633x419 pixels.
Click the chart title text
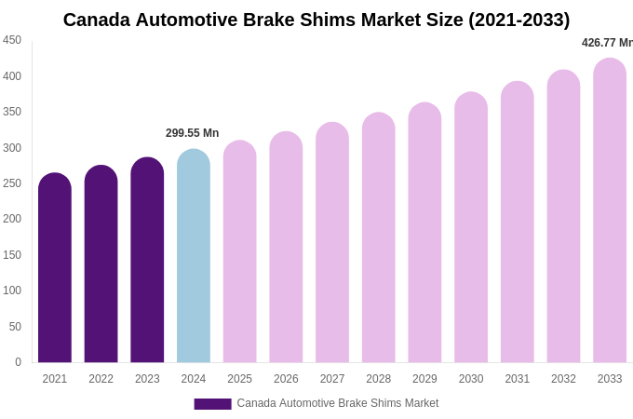(316, 20)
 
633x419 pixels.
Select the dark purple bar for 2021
(55, 270)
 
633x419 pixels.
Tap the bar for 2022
(101, 265)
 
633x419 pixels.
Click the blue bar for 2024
(194, 258)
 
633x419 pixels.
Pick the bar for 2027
(332, 244)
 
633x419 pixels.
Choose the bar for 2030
(471, 229)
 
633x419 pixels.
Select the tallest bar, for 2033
(610, 212)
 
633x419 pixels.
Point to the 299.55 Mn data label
(193, 133)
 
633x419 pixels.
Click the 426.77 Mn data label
(607, 43)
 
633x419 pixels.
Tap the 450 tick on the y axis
(12, 40)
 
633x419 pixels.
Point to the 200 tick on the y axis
(12, 219)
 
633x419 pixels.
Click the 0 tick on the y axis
(18, 362)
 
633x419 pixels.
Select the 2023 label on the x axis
(147, 379)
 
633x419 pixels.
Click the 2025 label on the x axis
(239, 379)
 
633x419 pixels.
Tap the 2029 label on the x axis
(424, 379)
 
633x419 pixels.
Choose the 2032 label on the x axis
(563, 379)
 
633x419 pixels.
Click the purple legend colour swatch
(212, 404)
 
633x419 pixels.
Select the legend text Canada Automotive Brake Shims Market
(337, 403)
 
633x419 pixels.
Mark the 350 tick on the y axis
(12, 112)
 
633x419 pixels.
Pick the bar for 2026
(286, 249)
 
